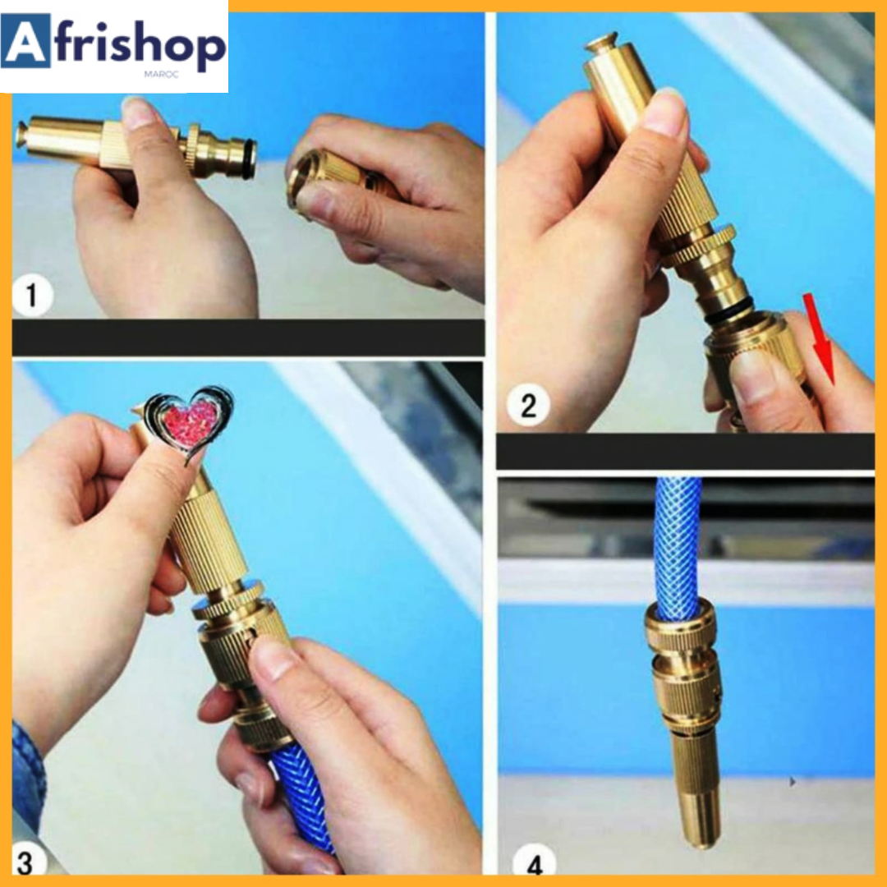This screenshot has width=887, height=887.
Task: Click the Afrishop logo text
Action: [x=113, y=45]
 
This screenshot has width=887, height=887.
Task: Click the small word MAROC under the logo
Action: [x=161, y=74]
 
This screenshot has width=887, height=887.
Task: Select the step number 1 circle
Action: [x=32, y=295]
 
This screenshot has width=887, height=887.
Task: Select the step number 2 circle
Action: [x=528, y=405]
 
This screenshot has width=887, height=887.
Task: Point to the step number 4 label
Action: [x=535, y=864]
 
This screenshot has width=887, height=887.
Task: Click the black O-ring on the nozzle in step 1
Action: [x=249, y=159]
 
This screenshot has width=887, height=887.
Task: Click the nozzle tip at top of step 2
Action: [x=600, y=43]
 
